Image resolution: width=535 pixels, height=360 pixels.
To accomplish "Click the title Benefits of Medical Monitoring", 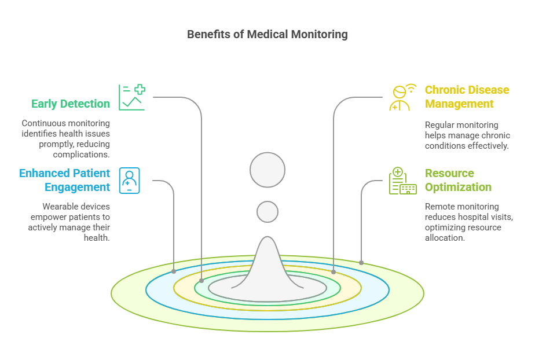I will point(267,34).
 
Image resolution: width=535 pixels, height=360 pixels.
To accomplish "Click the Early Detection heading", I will point(70,104).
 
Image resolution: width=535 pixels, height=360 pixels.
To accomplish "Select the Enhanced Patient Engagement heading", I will point(64,180).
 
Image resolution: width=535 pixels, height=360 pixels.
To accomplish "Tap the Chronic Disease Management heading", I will point(467,97).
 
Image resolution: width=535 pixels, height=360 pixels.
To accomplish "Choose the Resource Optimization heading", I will point(458,180).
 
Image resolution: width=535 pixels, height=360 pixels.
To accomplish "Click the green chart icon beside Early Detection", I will point(131,97).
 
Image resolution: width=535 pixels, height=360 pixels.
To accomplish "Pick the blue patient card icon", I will point(129,180).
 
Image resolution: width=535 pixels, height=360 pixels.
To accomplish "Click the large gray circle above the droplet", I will point(267,170).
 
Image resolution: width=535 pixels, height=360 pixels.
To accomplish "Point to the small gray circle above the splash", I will point(267,212).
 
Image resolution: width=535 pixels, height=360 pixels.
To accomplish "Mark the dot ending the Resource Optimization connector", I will point(361,263).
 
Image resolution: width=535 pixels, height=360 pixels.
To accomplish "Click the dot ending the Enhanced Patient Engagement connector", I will point(174,271).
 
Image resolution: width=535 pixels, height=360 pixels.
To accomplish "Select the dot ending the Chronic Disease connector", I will point(334,271).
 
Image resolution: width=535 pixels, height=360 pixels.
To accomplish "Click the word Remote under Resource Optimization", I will point(439,207).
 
